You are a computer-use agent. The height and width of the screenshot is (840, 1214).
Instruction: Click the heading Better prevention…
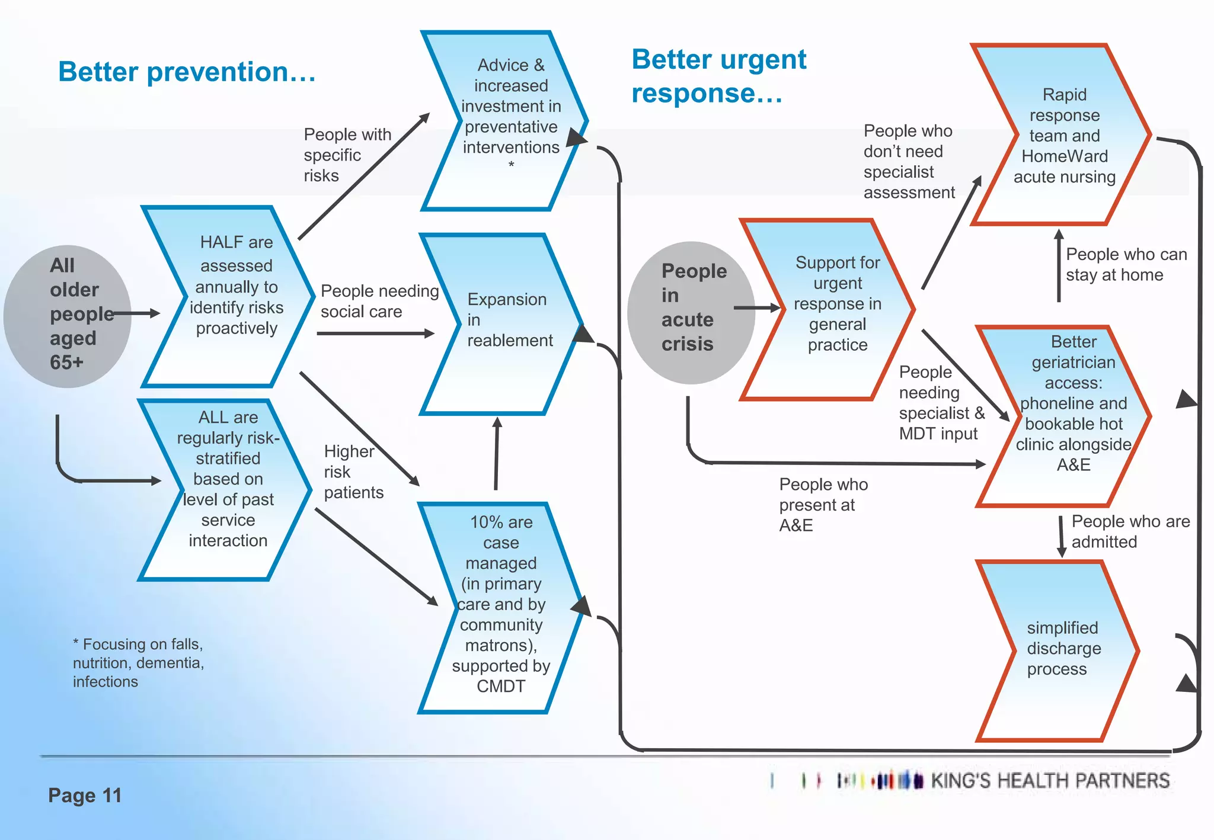tap(187, 72)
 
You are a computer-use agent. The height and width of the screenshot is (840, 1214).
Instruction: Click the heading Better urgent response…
tap(718, 76)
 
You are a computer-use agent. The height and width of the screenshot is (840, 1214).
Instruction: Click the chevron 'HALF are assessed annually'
tap(236, 296)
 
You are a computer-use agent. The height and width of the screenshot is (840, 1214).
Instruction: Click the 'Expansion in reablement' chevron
tap(504, 323)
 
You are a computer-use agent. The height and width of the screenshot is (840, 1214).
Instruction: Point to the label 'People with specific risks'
tap(347, 155)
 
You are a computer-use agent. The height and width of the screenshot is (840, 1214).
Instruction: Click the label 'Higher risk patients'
tap(353, 472)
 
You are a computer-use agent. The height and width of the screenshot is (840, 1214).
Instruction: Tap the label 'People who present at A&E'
tap(823, 504)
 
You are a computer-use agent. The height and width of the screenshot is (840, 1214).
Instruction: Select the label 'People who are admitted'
tap(1129, 531)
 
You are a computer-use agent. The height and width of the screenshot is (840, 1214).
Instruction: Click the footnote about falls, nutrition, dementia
tap(138, 662)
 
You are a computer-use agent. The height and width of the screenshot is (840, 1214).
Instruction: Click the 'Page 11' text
tap(85, 795)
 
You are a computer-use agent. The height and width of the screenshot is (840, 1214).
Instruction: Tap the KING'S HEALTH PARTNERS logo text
tap(1049, 781)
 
